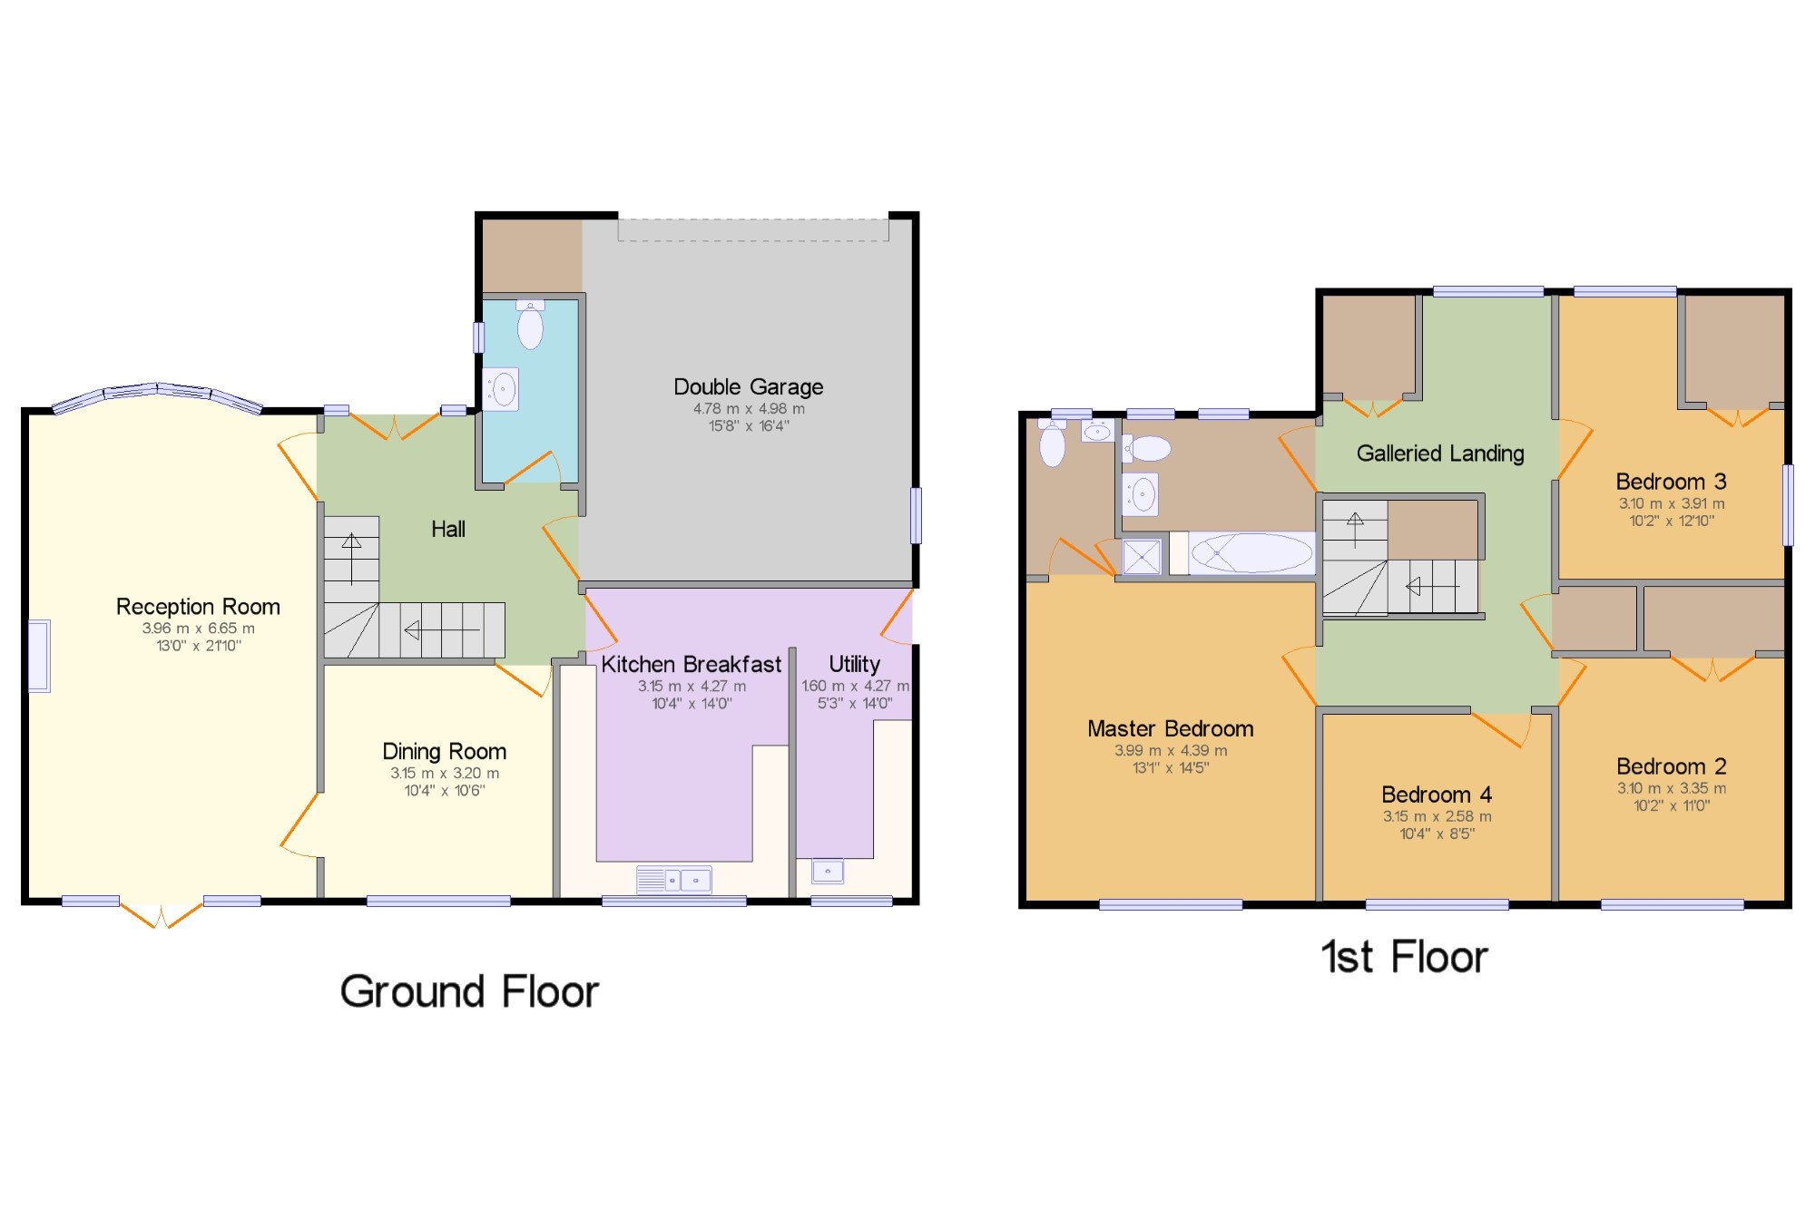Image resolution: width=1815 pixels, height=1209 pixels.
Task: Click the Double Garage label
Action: click(x=748, y=387)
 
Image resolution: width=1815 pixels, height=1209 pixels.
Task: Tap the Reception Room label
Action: click(x=198, y=607)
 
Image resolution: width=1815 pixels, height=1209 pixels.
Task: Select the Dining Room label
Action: click(x=444, y=752)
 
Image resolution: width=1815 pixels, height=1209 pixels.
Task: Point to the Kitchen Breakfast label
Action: click(x=691, y=665)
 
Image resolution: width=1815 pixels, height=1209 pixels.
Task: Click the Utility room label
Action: click(x=854, y=665)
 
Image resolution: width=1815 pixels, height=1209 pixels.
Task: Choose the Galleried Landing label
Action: click(x=1440, y=453)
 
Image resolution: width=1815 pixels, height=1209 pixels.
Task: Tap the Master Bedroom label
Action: click(x=1171, y=729)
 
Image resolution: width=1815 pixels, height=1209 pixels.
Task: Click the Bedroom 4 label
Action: click(x=1437, y=795)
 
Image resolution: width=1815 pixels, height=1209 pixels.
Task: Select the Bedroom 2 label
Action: click(x=1672, y=766)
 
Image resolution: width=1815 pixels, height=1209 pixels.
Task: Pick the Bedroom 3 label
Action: click(x=1672, y=482)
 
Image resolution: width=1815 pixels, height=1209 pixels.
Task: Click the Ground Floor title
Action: click(x=469, y=991)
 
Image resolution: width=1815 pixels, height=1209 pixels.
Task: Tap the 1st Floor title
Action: click(x=1405, y=957)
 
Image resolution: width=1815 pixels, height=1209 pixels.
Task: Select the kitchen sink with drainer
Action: click(x=673, y=880)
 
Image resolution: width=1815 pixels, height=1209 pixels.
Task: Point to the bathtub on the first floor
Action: click(x=1251, y=553)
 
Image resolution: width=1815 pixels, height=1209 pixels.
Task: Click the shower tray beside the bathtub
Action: click(x=1142, y=557)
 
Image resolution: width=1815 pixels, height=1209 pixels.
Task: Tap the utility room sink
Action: click(x=828, y=872)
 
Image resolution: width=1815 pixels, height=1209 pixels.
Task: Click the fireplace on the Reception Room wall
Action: click(x=39, y=656)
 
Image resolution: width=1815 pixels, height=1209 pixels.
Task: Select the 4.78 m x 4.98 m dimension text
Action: click(x=749, y=409)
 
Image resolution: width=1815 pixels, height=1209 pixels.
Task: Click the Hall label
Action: click(x=448, y=530)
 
